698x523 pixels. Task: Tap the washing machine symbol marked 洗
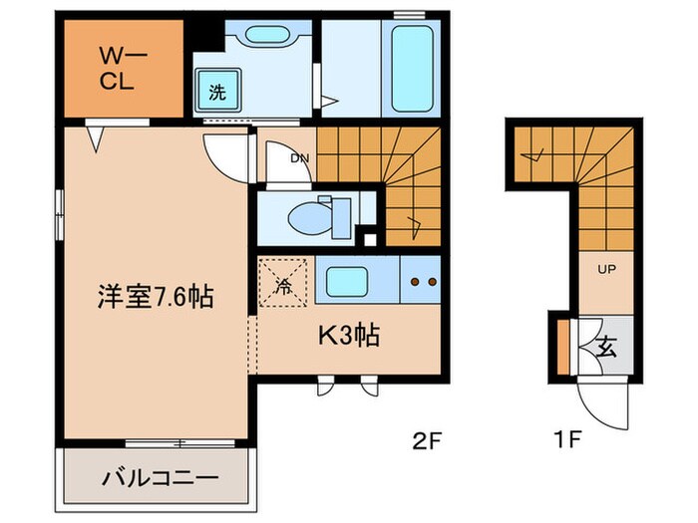point(216,93)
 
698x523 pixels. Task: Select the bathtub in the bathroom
point(411,67)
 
